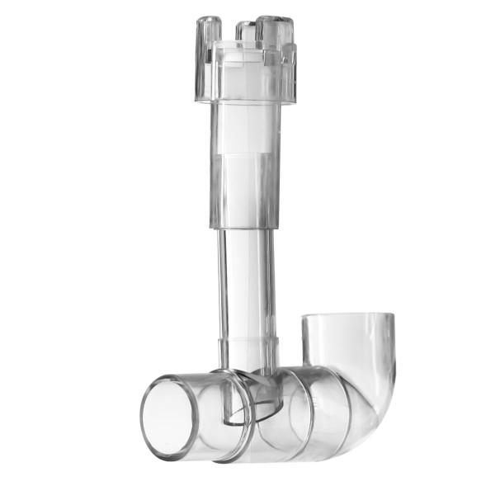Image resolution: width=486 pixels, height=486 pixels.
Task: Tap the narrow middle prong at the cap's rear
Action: (x=245, y=31)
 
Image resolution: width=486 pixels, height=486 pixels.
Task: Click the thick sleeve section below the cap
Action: (x=245, y=165)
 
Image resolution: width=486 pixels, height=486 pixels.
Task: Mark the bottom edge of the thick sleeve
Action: (x=245, y=226)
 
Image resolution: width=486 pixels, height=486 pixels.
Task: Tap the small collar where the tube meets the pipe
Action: (x=247, y=347)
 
